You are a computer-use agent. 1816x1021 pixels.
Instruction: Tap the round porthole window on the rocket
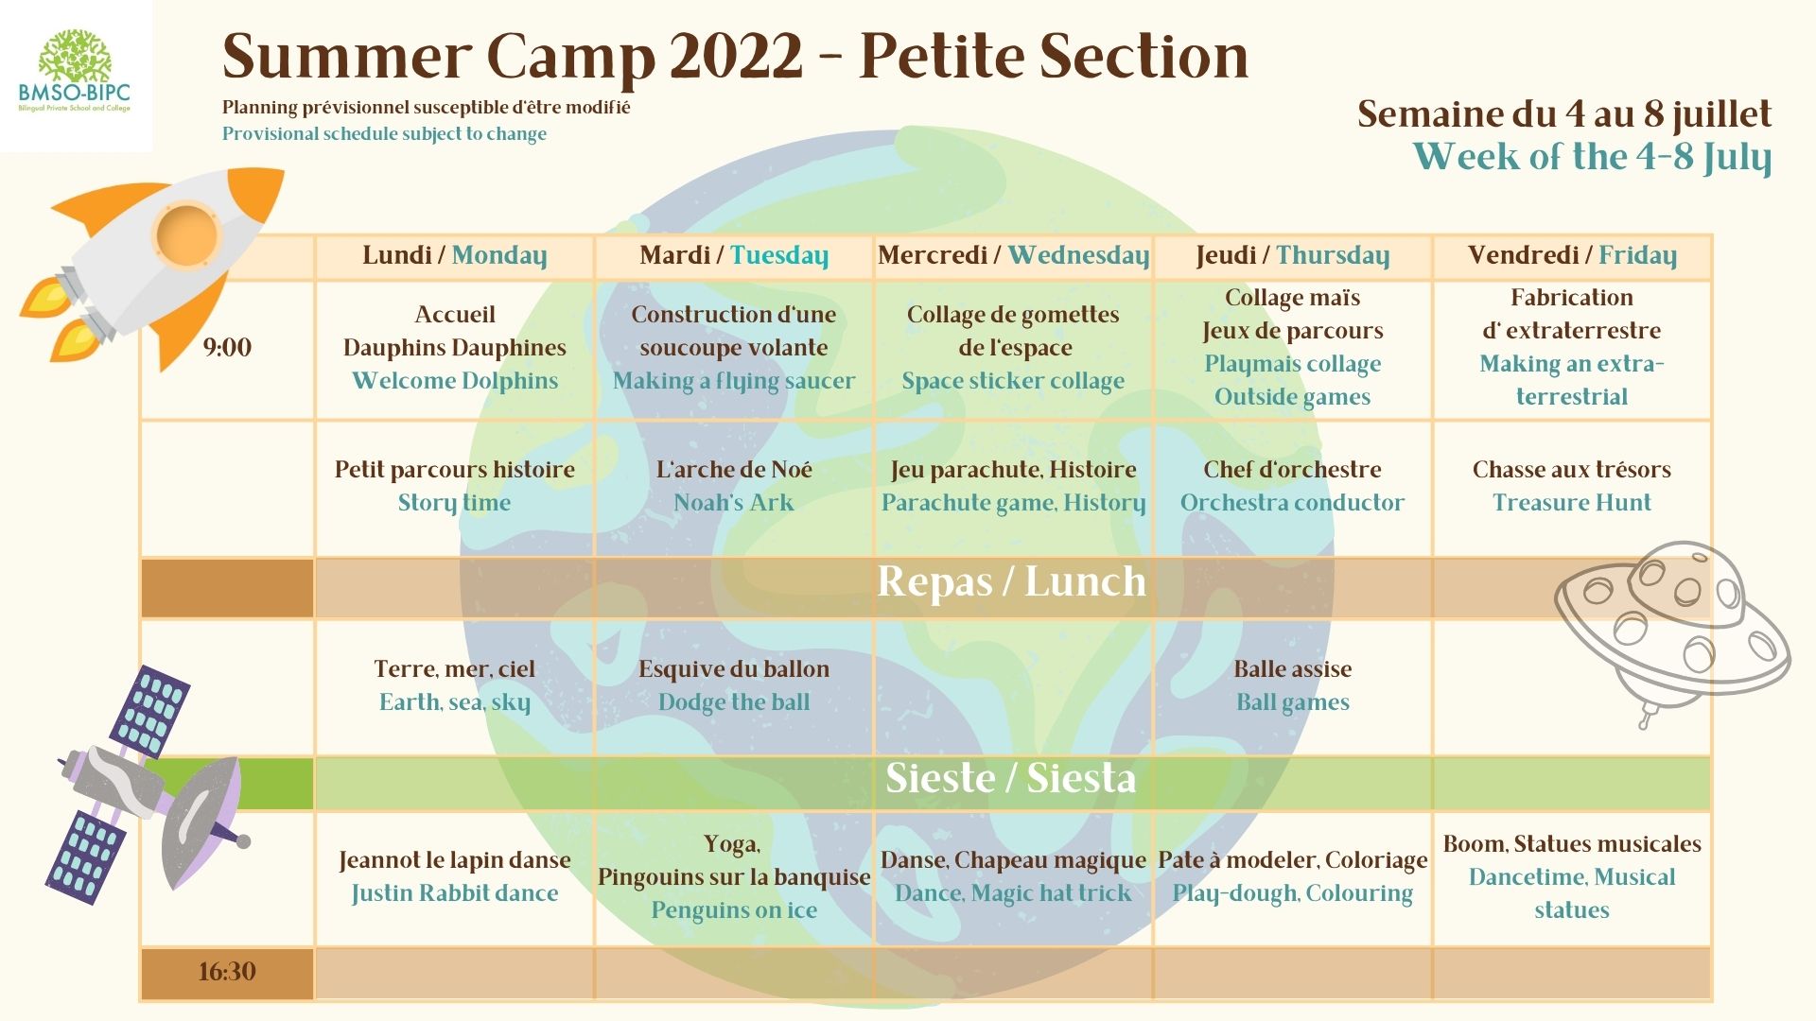(x=186, y=234)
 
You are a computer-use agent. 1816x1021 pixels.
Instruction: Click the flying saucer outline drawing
(x=1673, y=630)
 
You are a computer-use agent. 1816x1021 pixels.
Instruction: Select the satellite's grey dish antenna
(x=203, y=823)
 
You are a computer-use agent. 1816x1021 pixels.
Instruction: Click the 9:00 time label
(x=227, y=347)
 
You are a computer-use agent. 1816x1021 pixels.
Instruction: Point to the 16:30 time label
(x=227, y=972)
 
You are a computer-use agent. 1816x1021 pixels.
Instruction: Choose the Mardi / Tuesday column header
(x=734, y=256)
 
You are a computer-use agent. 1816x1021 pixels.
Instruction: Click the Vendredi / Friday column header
(x=1572, y=256)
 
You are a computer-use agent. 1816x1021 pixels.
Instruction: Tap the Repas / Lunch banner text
(x=1011, y=581)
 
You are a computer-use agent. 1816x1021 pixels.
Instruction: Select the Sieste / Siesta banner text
(x=1010, y=778)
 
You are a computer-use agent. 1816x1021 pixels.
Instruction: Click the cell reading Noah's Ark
(x=734, y=503)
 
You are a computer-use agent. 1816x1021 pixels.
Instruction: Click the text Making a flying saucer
(x=734, y=381)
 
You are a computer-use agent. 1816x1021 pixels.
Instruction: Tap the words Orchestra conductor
(x=1292, y=503)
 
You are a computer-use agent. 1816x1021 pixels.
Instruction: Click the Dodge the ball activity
(x=734, y=702)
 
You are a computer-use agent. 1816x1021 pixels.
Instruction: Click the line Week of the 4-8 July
(x=1592, y=157)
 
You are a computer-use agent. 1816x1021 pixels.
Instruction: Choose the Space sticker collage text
(x=1013, y=381)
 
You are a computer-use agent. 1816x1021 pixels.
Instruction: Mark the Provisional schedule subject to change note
(x=384, y=134)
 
